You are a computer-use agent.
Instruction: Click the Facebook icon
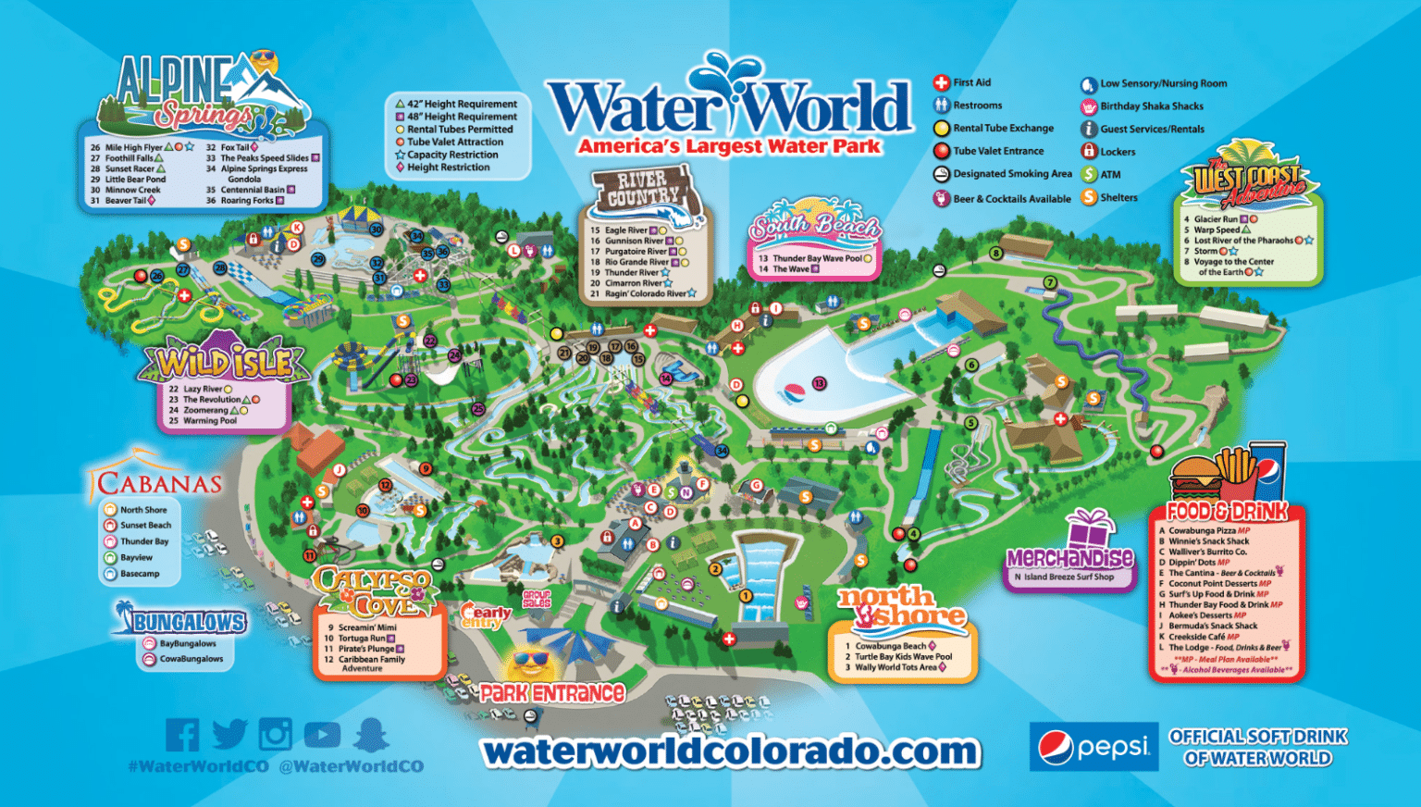pos(182,735)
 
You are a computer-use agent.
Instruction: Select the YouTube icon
pos(322,735)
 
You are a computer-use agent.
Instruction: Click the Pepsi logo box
pos(1094,747)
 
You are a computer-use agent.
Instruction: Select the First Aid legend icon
pos(941,83)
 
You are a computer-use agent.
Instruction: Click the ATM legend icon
pos(1089,174)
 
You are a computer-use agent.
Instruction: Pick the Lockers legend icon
pos(1089,151)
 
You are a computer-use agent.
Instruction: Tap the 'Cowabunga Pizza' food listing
pos(1203,531)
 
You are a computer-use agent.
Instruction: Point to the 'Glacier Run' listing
pos(1216,219)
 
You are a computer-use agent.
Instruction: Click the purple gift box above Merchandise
pos(1089,530)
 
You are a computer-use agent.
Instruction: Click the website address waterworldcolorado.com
pos(731,751)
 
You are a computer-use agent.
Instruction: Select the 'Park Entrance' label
pos(552,692)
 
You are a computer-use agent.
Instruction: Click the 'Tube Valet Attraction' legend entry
pos(455,142)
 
